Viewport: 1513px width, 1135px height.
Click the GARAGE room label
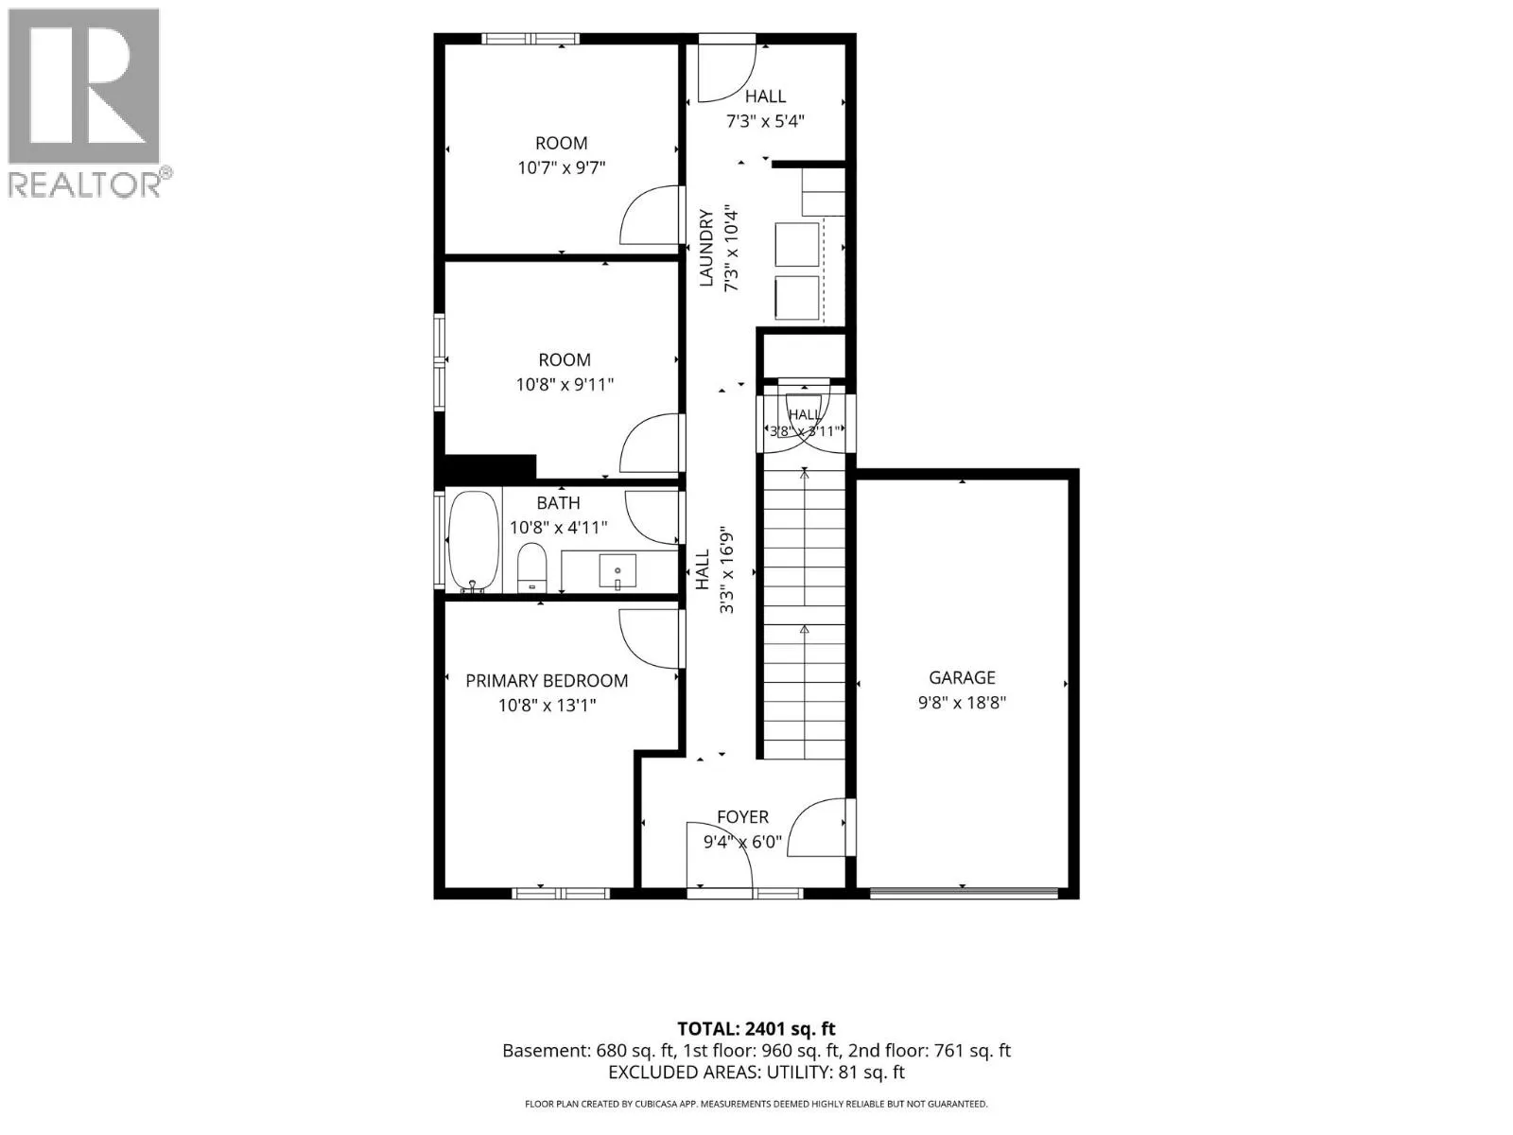(x=962, y=678)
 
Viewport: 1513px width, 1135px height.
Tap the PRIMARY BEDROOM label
(x=547, y=681)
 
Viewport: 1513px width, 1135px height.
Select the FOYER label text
(x=742, y=816)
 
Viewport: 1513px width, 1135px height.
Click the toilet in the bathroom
(x=531, y=567)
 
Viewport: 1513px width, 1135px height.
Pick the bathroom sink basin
(x=617, y=571)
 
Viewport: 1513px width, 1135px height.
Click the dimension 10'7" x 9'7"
(x=561, y=167)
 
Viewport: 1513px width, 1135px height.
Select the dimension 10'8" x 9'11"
(x=565, y=384)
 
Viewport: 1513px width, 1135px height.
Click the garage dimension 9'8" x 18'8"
(x=962, y=702)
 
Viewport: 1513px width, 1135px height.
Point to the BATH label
(x=558, y=503)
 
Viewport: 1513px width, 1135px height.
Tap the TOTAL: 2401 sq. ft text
(x=756, y=1029)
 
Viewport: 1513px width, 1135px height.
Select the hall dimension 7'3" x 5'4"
(x=765, y=121)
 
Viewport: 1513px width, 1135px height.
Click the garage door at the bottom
(x=963, y=893)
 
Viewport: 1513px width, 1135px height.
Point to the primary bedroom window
(x=561, y=894)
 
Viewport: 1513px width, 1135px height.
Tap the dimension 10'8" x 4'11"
(x=558, y=527)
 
